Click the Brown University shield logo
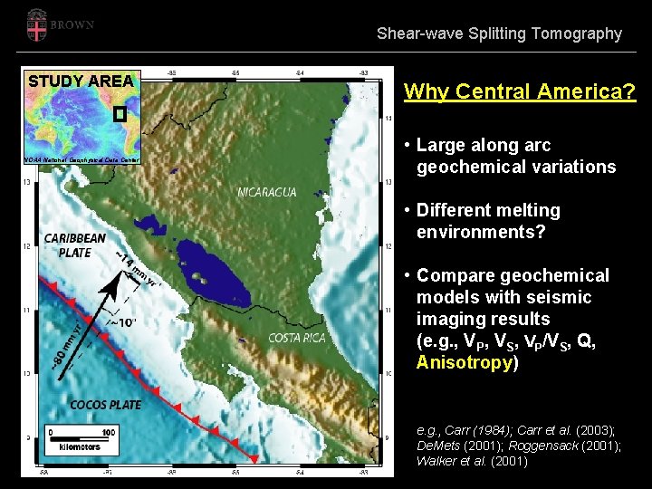[x=37, y=24]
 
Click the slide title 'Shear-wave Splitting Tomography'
[x=499, y=34]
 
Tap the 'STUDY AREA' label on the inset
[x=81, y=81]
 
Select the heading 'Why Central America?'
[x=520, y=91]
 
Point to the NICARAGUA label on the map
[x=267, y=192]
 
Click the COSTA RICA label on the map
[x=296, y=338]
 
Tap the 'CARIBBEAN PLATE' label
[x=74, y=245]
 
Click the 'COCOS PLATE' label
[x=106, y=405]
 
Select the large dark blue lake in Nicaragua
[x=215, y=272]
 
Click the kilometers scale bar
[x=81, y=437]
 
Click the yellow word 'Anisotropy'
[x=464, y=362]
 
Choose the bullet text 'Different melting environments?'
[x=488, y=221]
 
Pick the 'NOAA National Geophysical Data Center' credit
[x=82, y=159]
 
